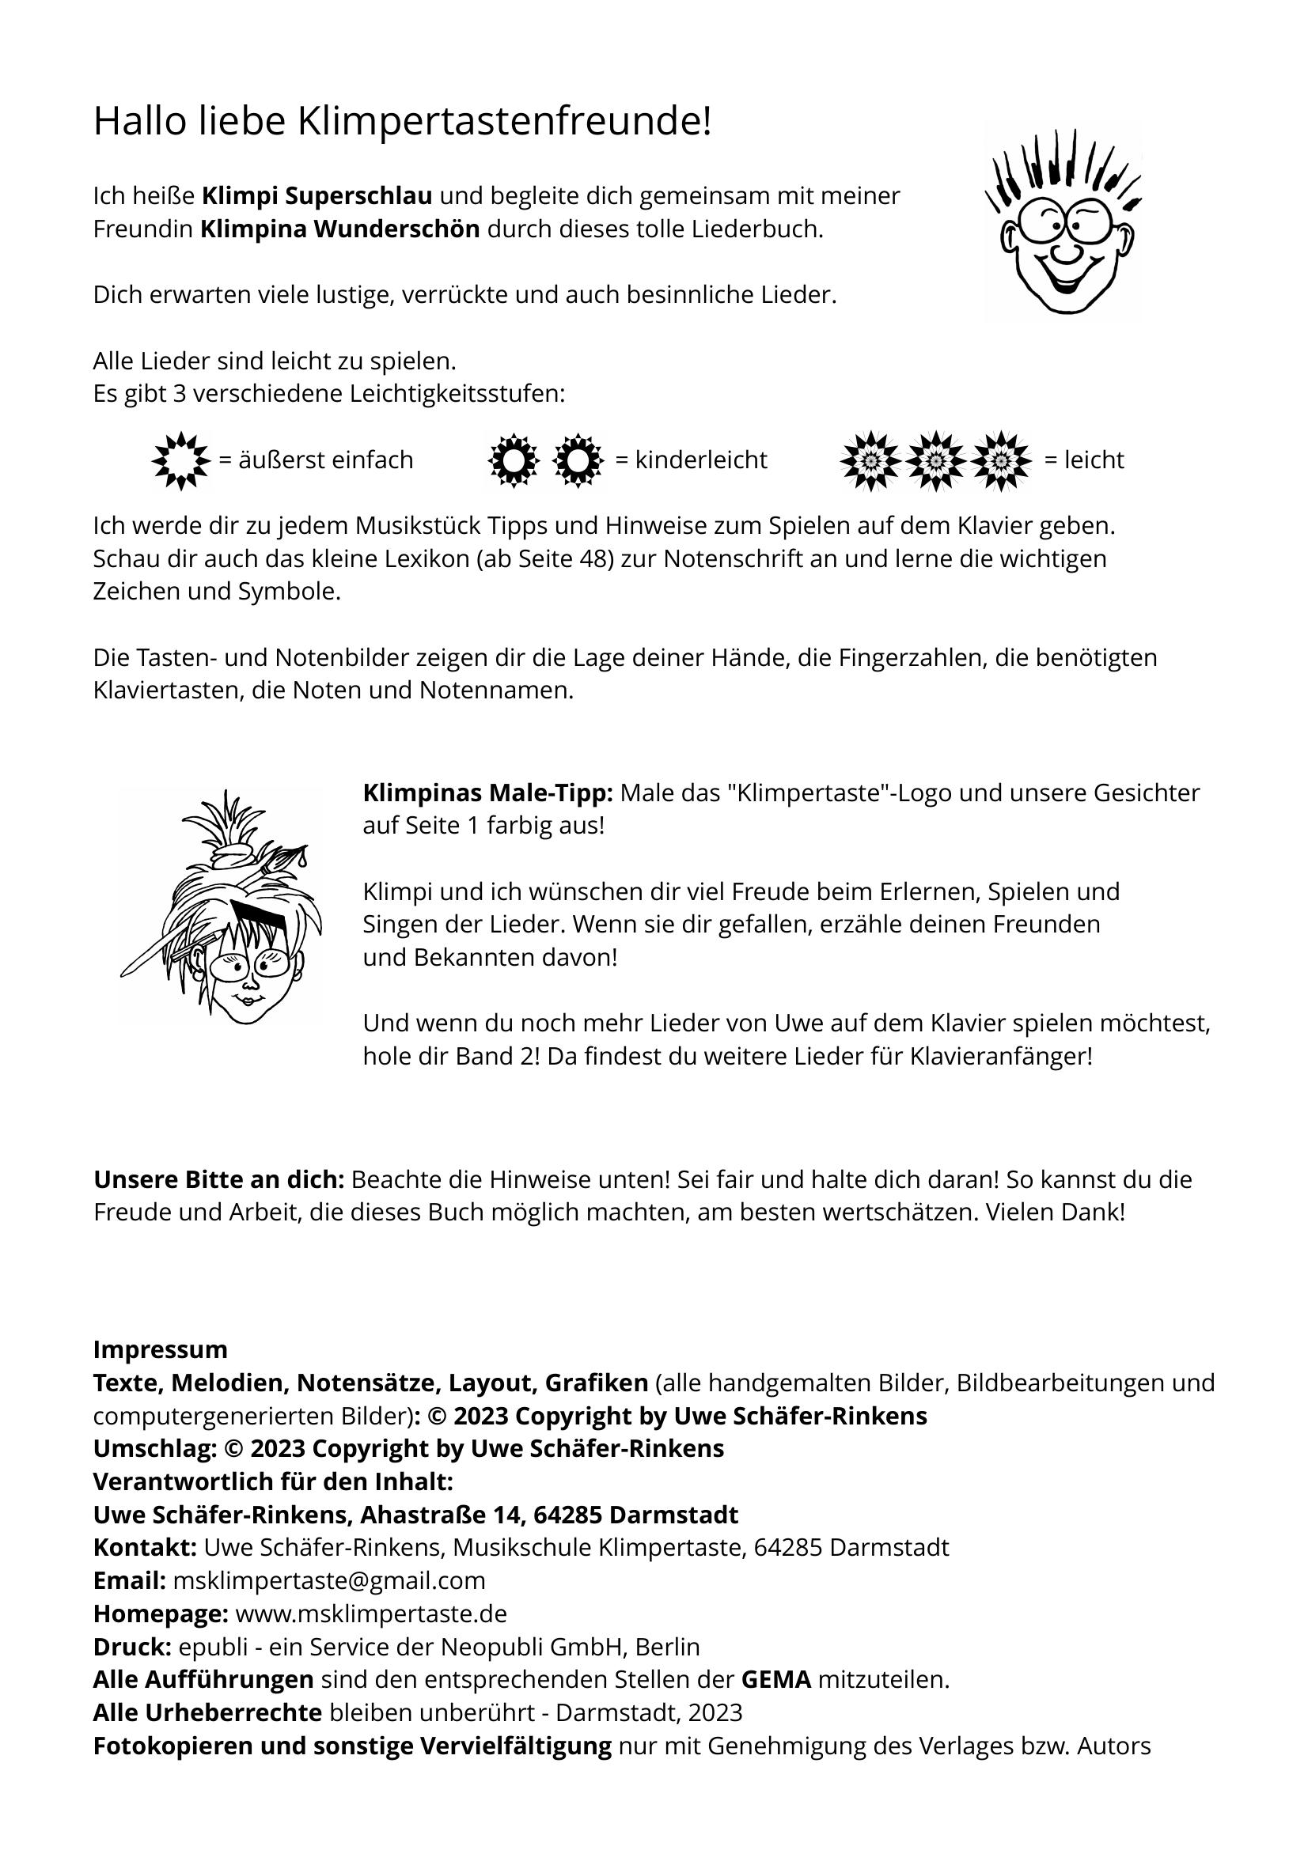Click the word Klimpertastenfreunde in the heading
coord(505,123)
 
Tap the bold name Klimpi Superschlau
coord(316,196)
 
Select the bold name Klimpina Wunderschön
coord(339,229)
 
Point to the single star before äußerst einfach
coord(180,461)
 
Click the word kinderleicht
coord(700,460)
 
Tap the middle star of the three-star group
coord(935,461)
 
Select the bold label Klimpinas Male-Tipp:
coord(487,793)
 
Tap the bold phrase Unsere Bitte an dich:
coord(219,1179)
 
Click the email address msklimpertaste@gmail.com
coord(329,1581)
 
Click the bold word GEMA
coord(775,1680)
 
